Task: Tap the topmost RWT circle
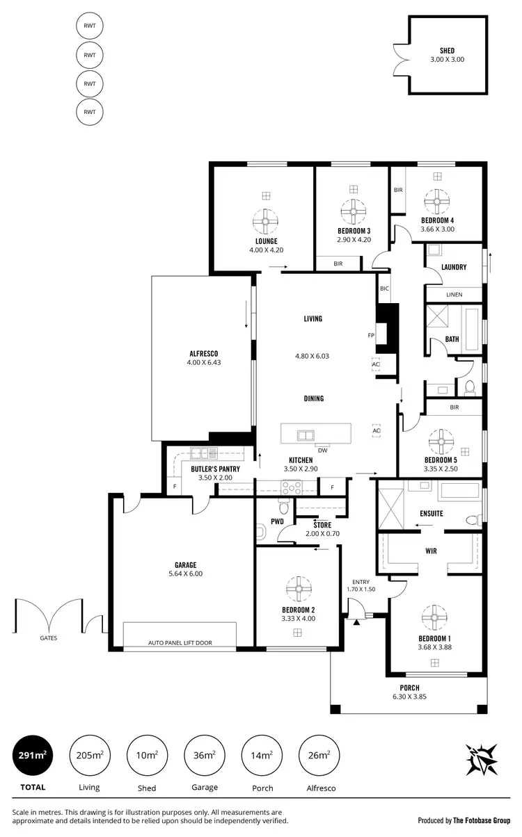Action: point(89,26)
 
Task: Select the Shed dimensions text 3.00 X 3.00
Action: point(447,60)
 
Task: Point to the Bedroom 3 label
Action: point(354,231)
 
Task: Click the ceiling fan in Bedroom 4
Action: point(437,203)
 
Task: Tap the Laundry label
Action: point(454,268)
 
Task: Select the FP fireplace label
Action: point(371,335)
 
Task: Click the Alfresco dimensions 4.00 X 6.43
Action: point(203,362)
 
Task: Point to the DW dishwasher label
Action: point(322,449)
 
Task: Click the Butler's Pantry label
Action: point(215,469)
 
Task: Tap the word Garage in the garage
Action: point(185,564)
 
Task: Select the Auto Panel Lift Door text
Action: point(180,643)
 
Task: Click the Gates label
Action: point(48,637)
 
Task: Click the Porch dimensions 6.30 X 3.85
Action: point(429,697)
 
